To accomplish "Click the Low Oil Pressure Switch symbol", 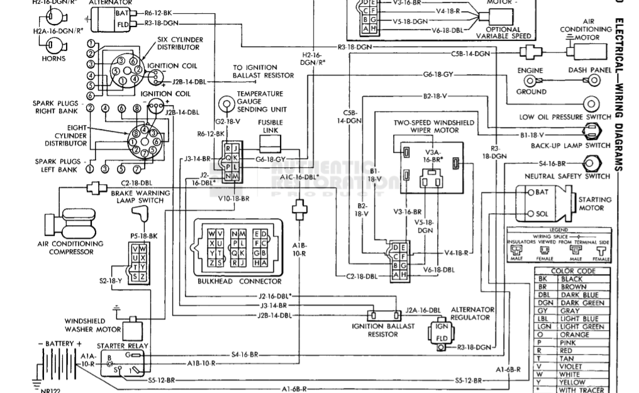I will (591, 104).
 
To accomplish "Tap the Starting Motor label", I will (594, 204).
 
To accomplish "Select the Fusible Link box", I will (273, 146).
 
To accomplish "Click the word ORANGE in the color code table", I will (574, 335).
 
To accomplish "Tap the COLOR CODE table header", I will (572, 271).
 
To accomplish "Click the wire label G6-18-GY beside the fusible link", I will (271, 159).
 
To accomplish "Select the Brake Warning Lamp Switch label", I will (141, 196).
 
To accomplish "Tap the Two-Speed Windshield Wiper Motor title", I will (434, 126).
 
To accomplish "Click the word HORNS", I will (53, 59).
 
